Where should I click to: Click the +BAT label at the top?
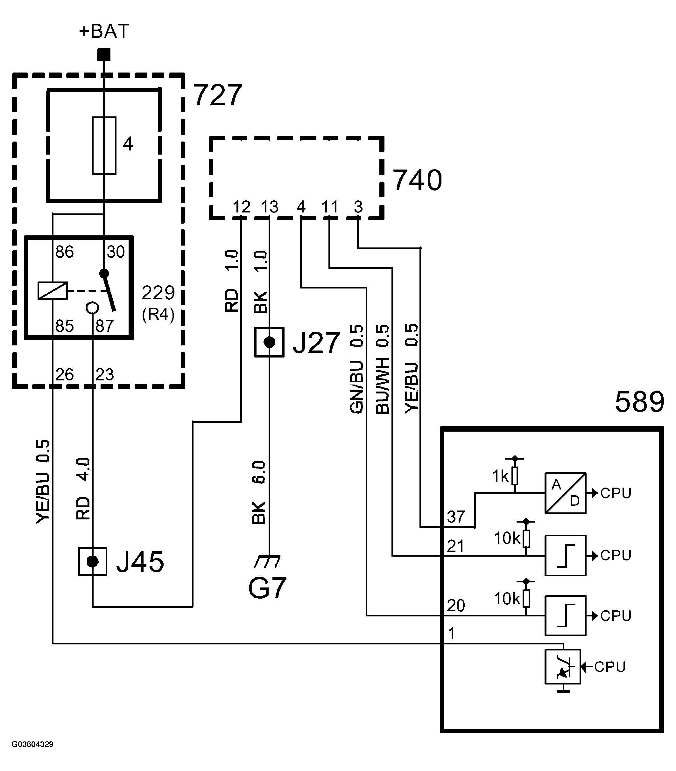104,31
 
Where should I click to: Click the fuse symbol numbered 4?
104,146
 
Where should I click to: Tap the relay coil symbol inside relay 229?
53,291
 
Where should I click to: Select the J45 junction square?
92,562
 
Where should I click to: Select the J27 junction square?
269,342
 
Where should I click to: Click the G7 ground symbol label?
267,588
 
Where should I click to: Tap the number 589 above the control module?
639,402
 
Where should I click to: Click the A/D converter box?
565,493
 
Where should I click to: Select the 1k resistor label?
501,476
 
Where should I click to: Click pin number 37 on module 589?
456,517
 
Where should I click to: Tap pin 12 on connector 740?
242,207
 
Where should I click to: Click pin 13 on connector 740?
269,207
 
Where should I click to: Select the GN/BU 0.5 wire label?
357,369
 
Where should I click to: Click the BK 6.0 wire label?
259,492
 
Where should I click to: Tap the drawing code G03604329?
32,744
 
